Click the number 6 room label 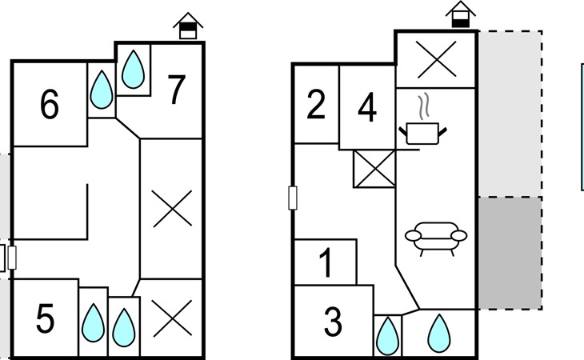pos(50,104)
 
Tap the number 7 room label pos(177,90)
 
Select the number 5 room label pos(45,318)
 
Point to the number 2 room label pos(316,105)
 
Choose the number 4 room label pos(367,108)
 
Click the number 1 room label pos(326,263)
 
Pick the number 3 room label pos(333,322)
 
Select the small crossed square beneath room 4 pos(374,169)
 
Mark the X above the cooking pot pos(436,59)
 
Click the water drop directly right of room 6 pos(102,90)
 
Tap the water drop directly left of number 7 pos(133,70)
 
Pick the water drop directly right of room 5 pos(93,322)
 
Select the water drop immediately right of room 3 pos(388,335)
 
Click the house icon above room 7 pos(188,26)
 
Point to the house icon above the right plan pos(461,14)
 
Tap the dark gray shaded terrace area pos(510,253)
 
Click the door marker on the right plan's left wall pos(293,198)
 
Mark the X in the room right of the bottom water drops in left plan pos(172,318)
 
